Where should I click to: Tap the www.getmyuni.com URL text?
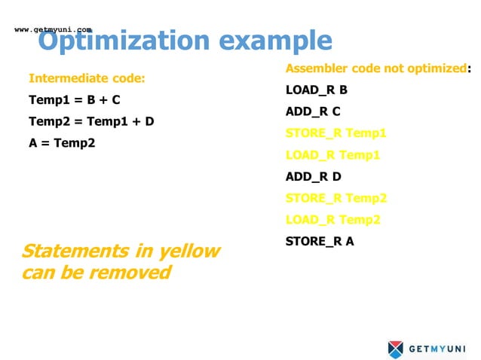tap(53, 29)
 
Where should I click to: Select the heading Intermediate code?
tap(87, 78)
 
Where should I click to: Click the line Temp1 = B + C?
tap(75, 99)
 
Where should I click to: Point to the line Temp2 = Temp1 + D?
tap(91, 121)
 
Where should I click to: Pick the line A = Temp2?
tap(62, 142)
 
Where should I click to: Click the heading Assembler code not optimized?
tap(375, 69)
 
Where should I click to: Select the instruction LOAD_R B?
tap(316, 90)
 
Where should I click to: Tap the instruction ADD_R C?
tap(313, 111)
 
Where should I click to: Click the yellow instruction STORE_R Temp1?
tap(335, 133)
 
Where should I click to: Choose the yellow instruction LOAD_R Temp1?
tap(332, 155)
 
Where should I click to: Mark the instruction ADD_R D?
tap(314, 177)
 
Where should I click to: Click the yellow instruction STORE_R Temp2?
tap(335, 198)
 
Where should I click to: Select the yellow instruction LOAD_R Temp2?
tap(332, 220)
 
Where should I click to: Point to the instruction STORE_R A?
tap(320, 242)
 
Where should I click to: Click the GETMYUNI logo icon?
tap(396, 349)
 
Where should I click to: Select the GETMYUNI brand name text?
tap(437, 349)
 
